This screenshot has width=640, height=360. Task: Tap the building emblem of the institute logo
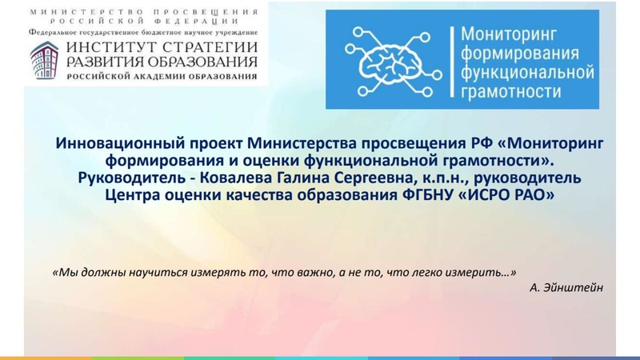(x=45, y=62)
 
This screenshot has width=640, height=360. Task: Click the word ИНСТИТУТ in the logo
(x=110, y=48)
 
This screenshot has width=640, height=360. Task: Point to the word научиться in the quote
(x=157, y=272)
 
